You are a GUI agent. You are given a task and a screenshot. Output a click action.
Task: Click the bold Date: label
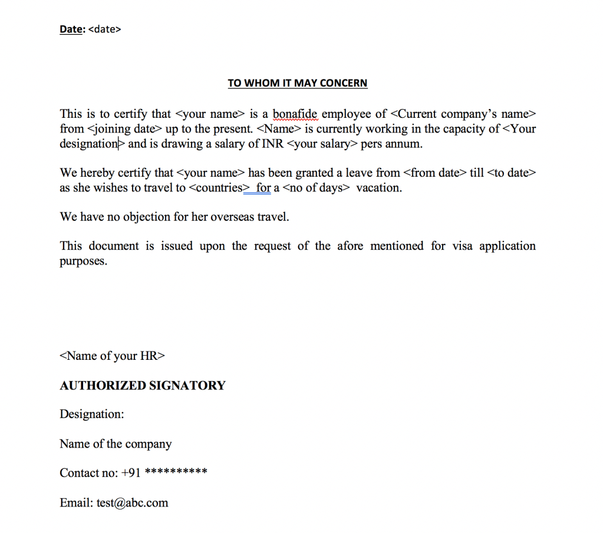coord(72,29)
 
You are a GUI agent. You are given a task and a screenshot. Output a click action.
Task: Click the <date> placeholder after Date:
coord(104,29)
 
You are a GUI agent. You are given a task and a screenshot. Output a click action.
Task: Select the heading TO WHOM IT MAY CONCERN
coord(298,83)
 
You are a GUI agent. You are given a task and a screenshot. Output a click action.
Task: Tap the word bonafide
coord(295,114)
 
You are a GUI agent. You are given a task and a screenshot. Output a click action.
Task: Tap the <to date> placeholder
coord(512,173)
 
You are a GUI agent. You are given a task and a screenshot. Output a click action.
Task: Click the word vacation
coord(379,188)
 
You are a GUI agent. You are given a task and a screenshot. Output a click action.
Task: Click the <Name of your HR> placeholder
coord(112,356)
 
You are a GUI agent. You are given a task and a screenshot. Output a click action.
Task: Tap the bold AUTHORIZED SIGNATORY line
coord(143,386)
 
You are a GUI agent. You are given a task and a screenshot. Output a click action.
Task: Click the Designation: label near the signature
coord(92,414)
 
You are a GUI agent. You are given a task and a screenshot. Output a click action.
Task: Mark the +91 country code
coord(131,473)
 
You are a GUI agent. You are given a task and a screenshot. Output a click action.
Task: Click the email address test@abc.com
coord(133,503)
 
